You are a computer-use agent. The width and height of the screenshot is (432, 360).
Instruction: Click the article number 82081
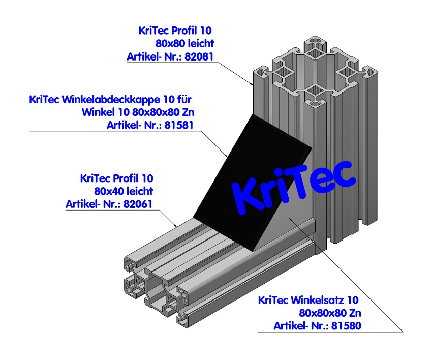tap(200, 56)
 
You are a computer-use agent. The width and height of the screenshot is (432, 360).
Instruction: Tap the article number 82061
tap(139, 204)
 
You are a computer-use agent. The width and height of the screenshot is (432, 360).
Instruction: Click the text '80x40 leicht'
tap(124, 192)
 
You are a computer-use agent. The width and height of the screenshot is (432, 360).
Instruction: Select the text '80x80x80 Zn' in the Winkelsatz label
tap(330, 313)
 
